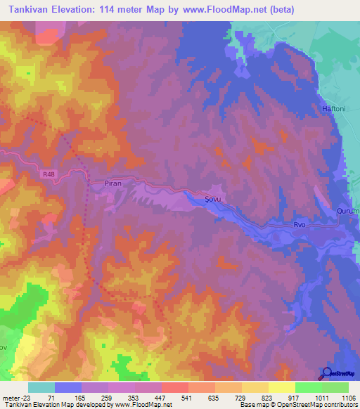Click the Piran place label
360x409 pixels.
click(x=113, y=183)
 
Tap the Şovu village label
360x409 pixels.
click(x=212, y=199)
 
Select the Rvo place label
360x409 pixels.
click(x=300, y=225)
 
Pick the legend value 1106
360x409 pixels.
click(x=348, y=397)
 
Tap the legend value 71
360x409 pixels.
click(x=55, y=397)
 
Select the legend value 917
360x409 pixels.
click(x=295, y=397)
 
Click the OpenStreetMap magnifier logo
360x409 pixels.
click(x=327, y=373)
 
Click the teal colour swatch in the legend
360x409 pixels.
click(x=41, y=387)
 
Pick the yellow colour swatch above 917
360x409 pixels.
click(x=281, y=387)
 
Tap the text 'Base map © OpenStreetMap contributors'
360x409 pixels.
click(x=297, y=405)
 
